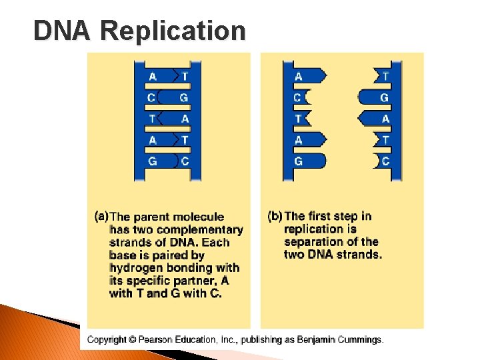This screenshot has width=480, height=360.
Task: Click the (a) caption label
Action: [x=101, y=216]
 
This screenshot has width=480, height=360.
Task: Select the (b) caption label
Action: [x=275, y=216]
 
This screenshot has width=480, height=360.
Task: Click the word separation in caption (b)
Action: [x=312, y=242]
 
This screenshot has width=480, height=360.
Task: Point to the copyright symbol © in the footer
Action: [x=132, y=340]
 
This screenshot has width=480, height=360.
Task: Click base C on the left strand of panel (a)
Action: [x=152, y=98]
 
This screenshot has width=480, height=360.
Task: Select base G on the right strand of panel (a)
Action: [x=183, y=98]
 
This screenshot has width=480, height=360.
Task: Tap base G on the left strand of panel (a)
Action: [x=152, y=161]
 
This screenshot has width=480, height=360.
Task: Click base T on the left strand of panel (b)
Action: [x=298, y=119]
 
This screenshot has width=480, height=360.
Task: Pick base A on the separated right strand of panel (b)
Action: [x=385, y=119]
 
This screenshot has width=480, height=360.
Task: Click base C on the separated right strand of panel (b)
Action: [x=385, y=161]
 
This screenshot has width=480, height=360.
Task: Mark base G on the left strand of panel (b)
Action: [x=298, y=161]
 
